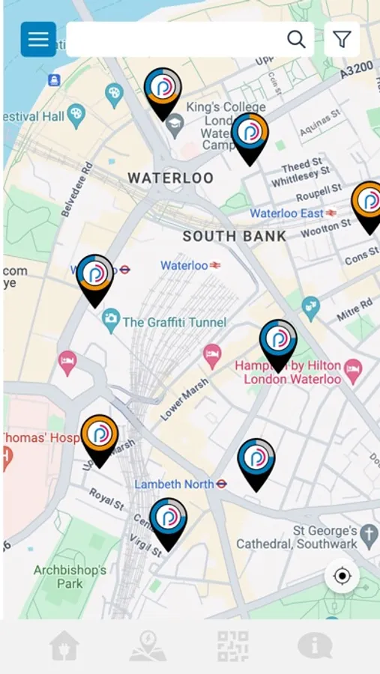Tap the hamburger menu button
38,40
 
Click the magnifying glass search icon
297,40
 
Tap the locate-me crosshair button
343,576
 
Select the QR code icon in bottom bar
232,646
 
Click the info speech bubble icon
315,646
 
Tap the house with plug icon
64,646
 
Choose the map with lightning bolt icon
148,646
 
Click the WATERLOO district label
171,178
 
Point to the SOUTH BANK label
235,237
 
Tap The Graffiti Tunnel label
174,323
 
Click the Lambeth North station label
175,485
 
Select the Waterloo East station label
286,213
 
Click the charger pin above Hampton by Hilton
278,344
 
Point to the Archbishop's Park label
70,577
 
